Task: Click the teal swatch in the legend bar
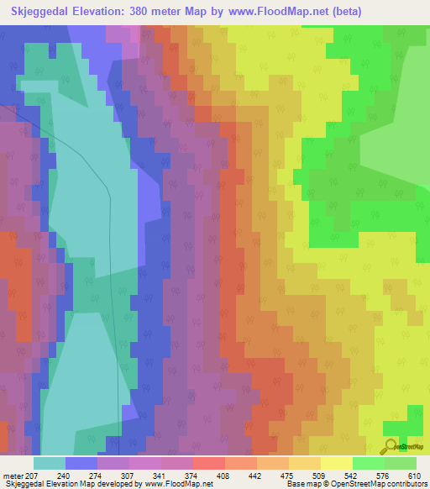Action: point(50,463)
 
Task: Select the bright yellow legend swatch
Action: point(337,463)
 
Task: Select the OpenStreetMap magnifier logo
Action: point(391,445)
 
